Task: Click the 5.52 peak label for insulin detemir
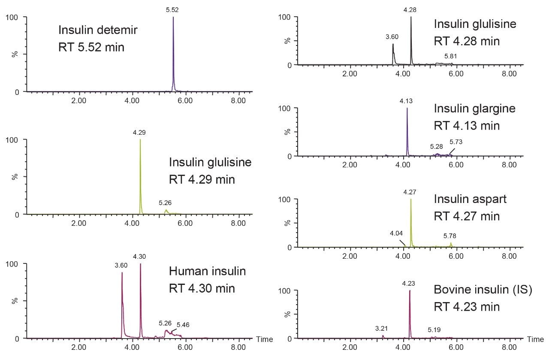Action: pyautogui.click(x=173, y=9)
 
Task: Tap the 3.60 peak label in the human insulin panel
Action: pyautogui.click(x=121, y=266)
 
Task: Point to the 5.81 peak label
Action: pyautogui.click(x=451, y=56)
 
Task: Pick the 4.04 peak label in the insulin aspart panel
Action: pyautogui.click(x=397, y=233)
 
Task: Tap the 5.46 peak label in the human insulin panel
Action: pyautogui.click(x=183, y=325)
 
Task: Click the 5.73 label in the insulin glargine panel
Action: pyautogui.click(x=456, y=142)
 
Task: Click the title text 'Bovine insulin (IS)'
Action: pyautogui.click(x=483, y=290)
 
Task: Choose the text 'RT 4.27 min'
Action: pyautogui.click(x=467, y=216)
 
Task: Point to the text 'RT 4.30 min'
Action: pyautogui.click(x=202, y=288)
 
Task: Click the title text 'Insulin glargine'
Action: pyautogui.click(x=474, y=109)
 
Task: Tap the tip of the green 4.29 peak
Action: pyautogui.click(x=140, y=140)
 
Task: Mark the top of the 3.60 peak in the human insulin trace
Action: pyautogui.click(x=122, y=272)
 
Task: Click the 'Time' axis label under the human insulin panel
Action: pyautogui.click(x=265, y=339)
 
